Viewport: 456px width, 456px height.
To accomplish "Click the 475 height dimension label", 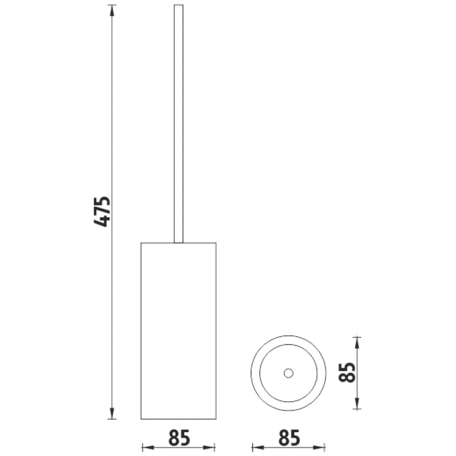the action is point(102,211).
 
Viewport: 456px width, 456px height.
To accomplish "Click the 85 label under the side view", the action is point(179,438).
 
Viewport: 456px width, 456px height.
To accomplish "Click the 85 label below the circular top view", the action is point(289,438).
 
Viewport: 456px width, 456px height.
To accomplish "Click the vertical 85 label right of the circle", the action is point(347,373).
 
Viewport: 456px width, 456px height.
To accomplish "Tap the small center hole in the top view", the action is point(288,373).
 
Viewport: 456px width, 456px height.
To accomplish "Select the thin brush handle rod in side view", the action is point(178,124).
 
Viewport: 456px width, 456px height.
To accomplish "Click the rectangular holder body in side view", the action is point(178,331).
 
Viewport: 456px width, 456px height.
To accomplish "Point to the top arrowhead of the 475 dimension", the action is point(112,10).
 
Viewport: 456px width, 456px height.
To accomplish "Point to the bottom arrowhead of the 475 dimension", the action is point(112,413).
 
